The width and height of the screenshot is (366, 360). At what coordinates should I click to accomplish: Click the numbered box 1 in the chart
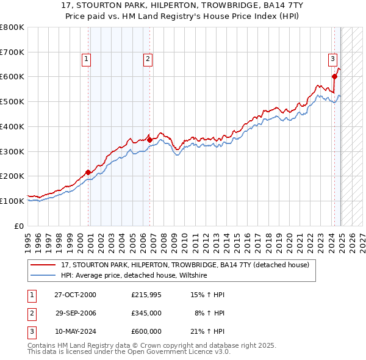click(x=87, y=59)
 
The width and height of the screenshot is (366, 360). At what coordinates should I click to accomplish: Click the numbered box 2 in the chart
click(x=148, y=59)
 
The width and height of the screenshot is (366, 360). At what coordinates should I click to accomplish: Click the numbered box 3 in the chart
click(x=332, y=59)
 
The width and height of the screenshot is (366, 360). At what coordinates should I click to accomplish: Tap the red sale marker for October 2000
click(x=88, y=171)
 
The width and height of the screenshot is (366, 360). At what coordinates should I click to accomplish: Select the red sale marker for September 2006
click(x=150, y=140)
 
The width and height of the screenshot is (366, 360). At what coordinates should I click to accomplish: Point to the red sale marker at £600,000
click(x=334, y=76)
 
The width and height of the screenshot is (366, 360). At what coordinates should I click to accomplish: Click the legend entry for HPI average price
click(x=134, y=276)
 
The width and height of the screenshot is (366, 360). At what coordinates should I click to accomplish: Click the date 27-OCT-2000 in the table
click(x=75, y=295)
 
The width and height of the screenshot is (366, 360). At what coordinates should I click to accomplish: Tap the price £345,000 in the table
click(x=146, y=313)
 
